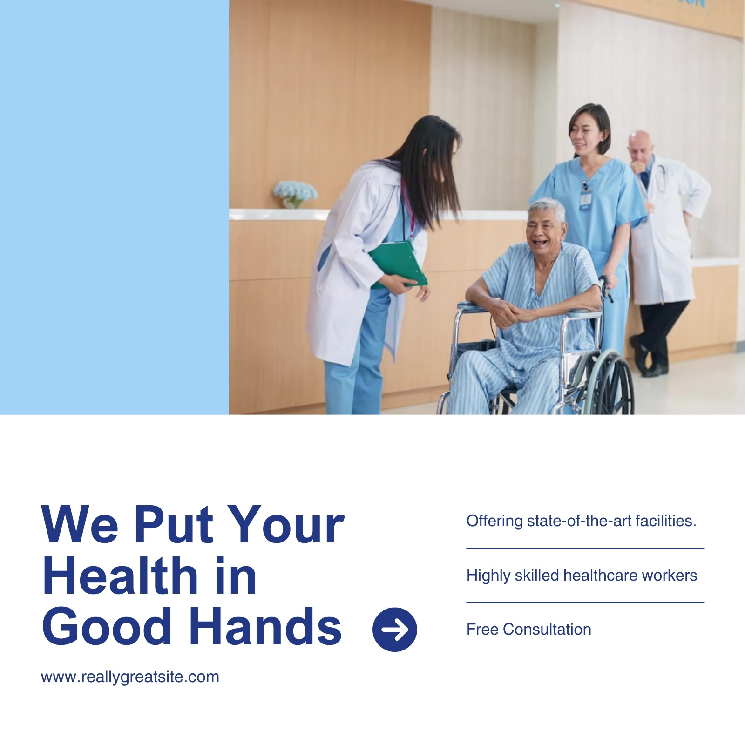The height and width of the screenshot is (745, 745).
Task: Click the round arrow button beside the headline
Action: [394, 629]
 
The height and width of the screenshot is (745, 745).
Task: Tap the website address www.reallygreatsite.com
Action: [130, 677]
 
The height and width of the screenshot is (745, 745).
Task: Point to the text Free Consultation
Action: [528, 630]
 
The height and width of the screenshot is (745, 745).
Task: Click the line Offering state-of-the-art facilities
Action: [581, 521]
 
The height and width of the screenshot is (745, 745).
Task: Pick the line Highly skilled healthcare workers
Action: [582, 576]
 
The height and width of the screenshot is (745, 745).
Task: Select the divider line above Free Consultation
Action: [585, 603]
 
